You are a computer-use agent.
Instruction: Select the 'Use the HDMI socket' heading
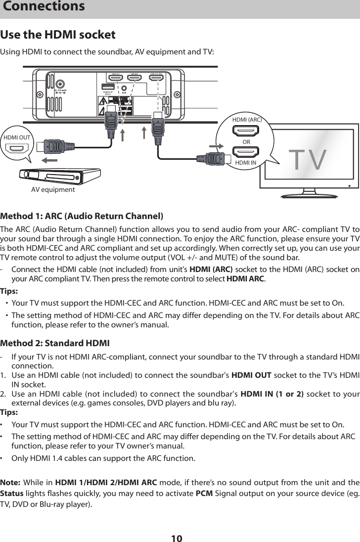(58, 35)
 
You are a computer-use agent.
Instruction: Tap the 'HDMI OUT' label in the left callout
(17, 137)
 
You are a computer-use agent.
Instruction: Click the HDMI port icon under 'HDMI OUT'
(18, 148)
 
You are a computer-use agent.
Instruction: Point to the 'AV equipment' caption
(53, 190)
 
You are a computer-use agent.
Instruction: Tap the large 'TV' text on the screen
(307, 160)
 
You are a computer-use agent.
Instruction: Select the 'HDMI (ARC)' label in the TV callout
(246, 120)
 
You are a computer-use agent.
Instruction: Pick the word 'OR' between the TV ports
(246, 141)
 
